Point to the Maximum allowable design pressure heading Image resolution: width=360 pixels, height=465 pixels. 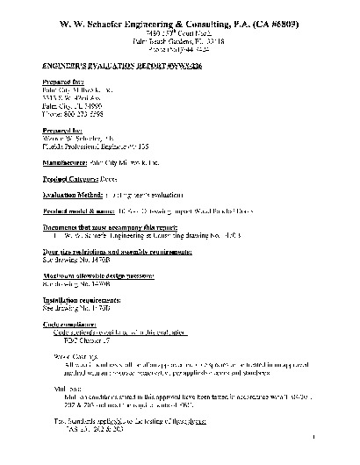click(111, 275)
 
